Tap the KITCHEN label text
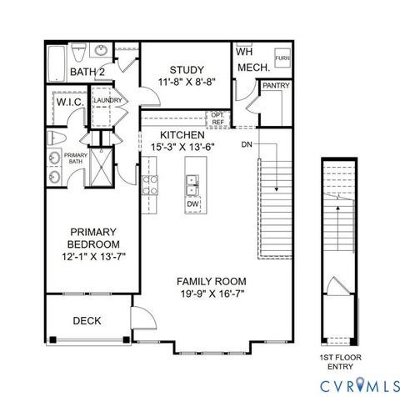point(182,134)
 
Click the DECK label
point(87,320)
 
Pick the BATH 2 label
point(86,73)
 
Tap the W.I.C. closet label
point(68,102)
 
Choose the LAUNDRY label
point(107,101)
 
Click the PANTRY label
point(274,86)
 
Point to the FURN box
point(282,58)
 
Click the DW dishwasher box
point(192,204)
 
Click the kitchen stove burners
point(150,184)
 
